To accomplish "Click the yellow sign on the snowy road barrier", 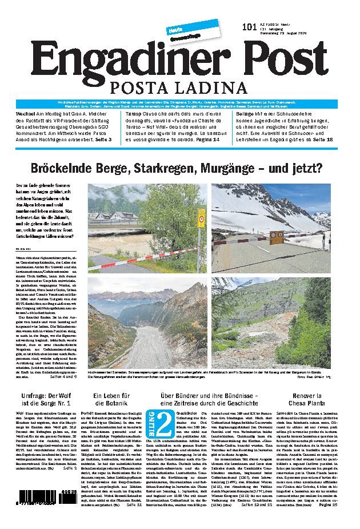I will click(277, 234).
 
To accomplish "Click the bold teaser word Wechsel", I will click(25, 114).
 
